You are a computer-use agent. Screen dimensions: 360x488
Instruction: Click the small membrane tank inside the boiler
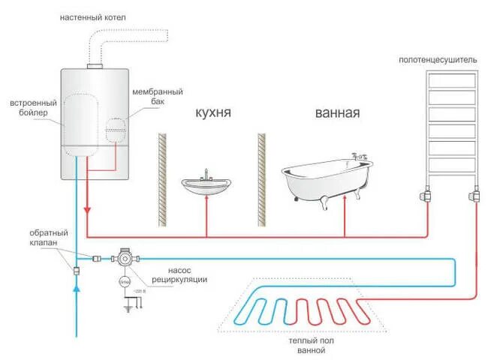(x=116, y=129)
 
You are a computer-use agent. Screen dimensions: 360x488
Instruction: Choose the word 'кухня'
(x=212, y=113)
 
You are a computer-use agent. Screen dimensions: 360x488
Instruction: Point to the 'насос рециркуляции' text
(x=178, y=274)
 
